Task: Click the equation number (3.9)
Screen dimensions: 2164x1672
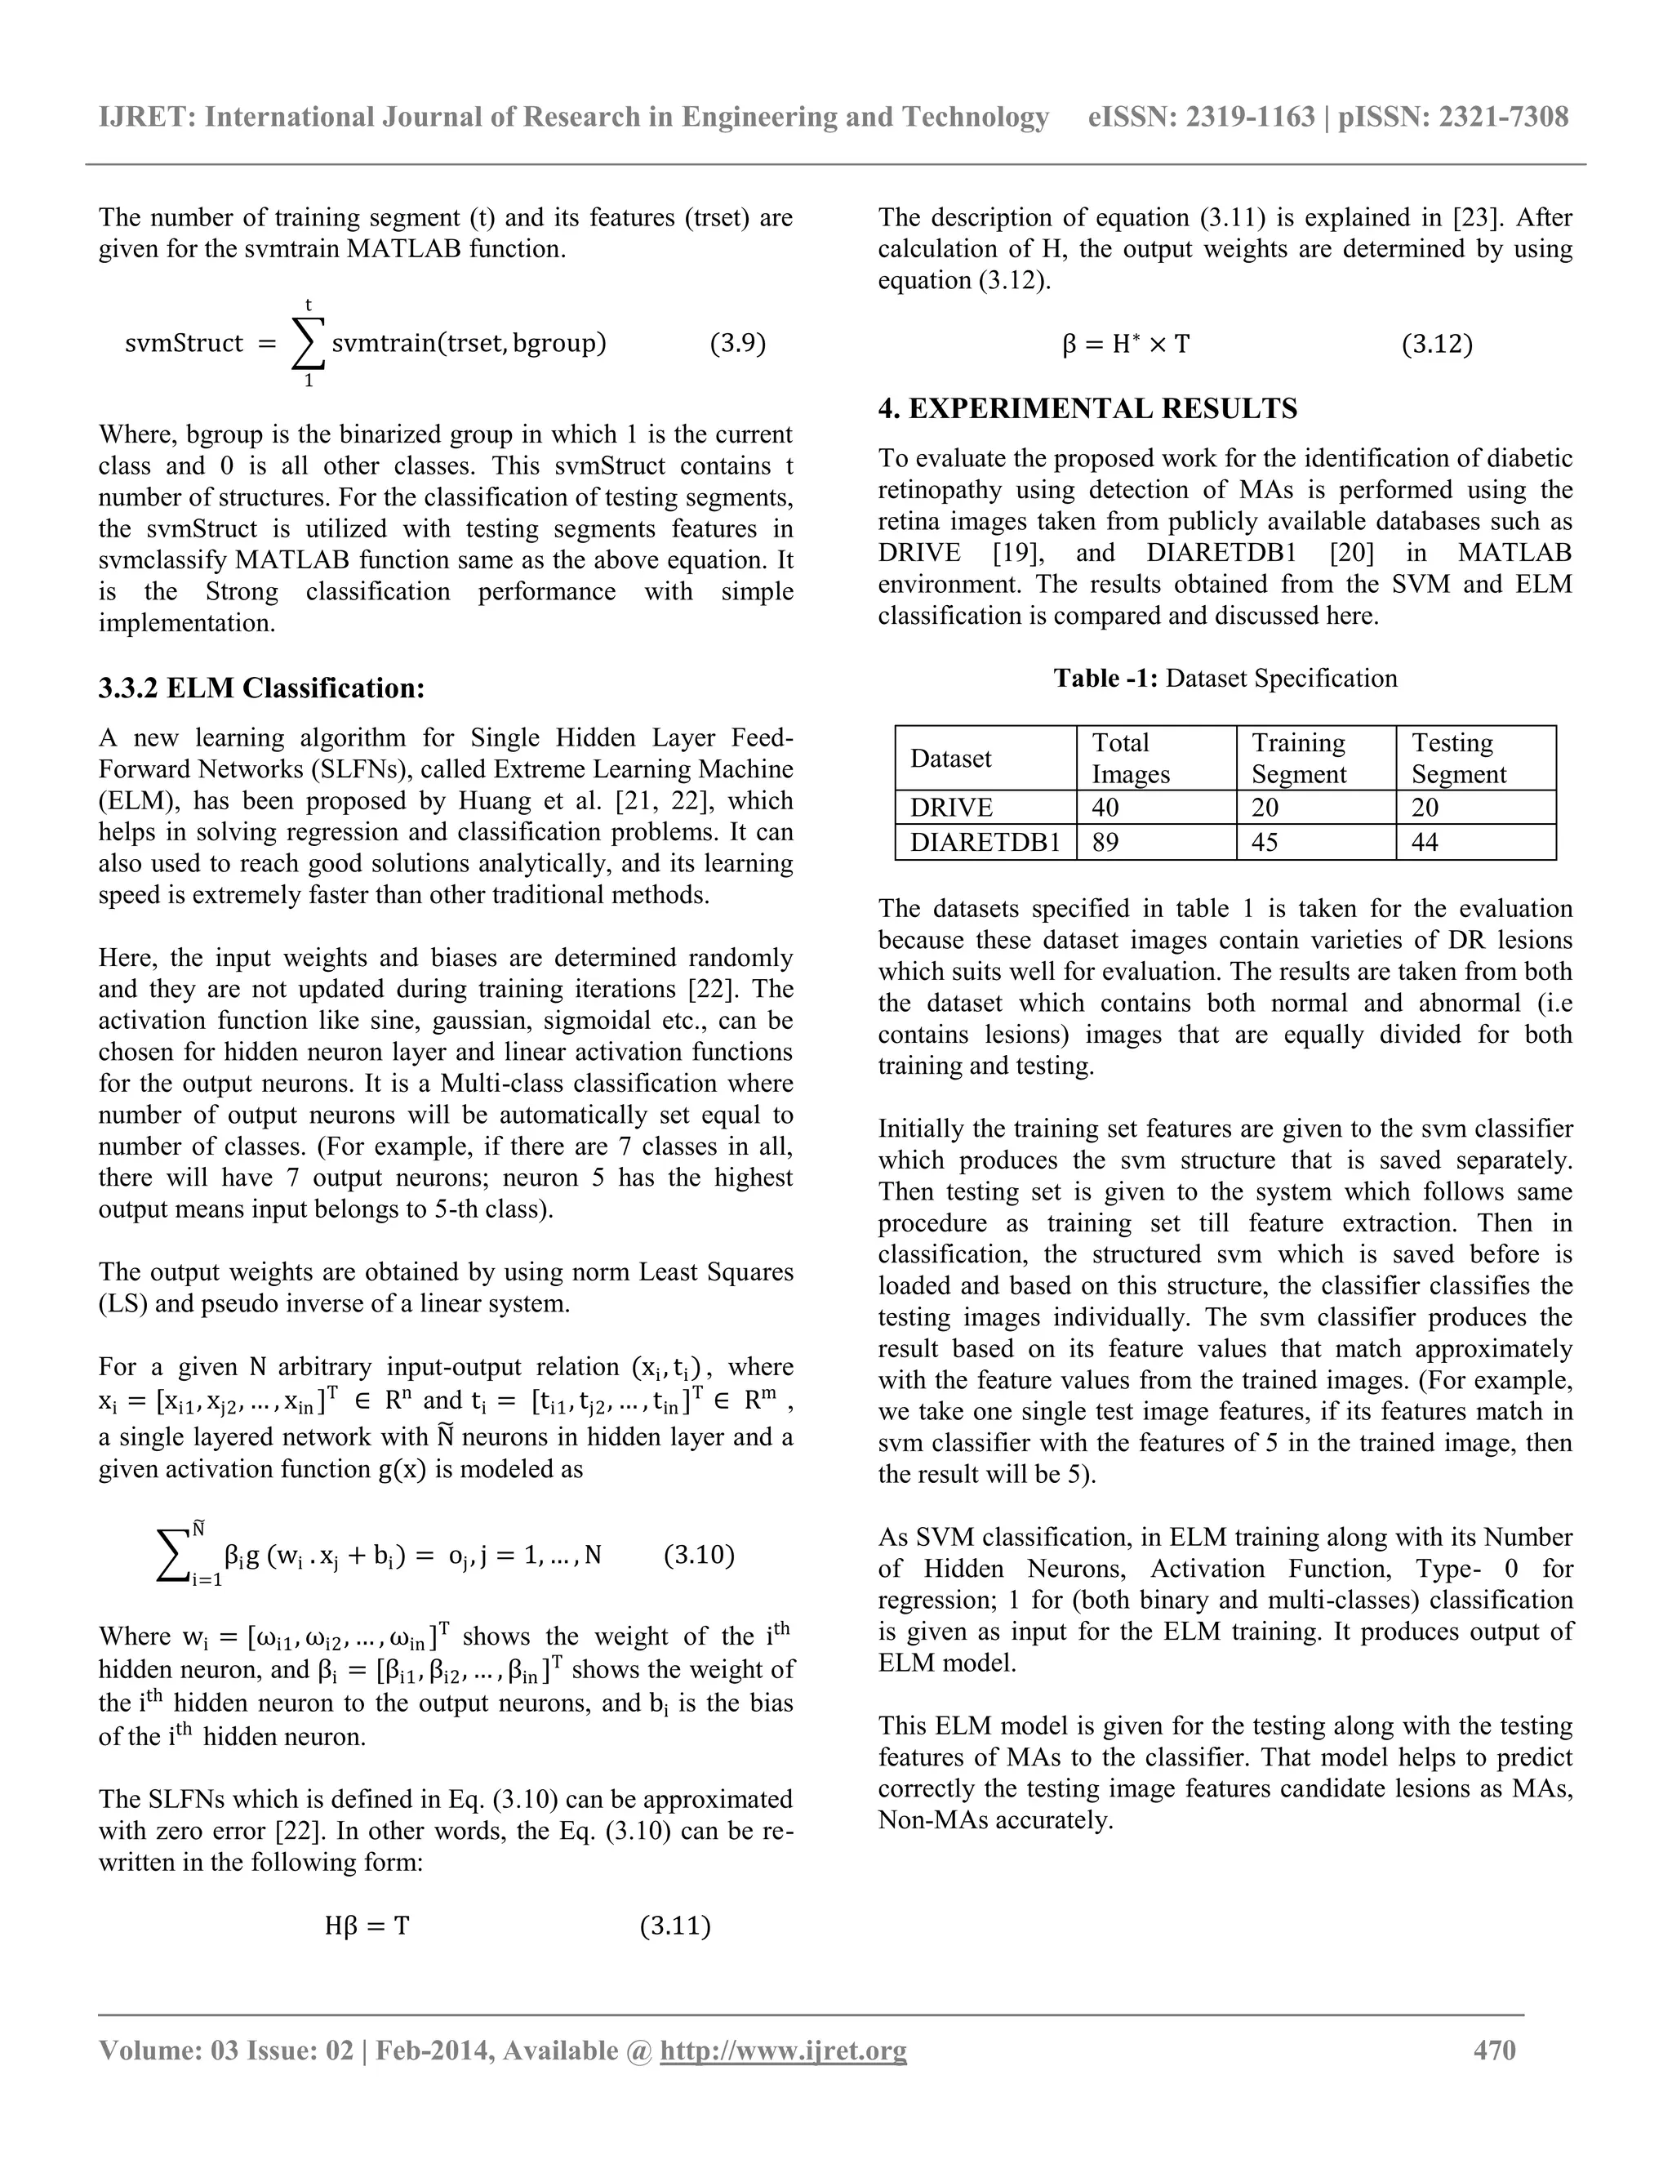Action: (x=737, y=344)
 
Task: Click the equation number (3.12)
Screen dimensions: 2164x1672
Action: (x=1436, y=344)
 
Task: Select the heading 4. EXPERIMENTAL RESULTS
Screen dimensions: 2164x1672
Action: (x=1087, y=408)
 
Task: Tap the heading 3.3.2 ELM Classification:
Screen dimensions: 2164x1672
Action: (x=261, y=688)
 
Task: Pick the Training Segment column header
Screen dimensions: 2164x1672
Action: (x=1297, y=758)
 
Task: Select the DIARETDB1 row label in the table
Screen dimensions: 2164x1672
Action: (x=985, y=842)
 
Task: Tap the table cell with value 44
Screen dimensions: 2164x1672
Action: (x=1427, y=842)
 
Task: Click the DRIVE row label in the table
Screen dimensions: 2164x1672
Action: (x=951, y=808)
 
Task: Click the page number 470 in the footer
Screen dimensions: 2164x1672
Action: (x=1494, y=2050)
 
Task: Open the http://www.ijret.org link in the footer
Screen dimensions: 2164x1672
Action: (x=782, y=2050)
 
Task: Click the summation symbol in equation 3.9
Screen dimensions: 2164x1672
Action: (x=308, y=344)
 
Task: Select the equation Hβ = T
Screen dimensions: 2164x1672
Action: (x=367, y=1926)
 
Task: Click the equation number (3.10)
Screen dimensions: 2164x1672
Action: (x=698, y=1554)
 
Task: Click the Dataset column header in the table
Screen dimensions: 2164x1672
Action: (x=951, y=758)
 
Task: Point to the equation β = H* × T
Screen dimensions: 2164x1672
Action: (x=1125, y=344)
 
